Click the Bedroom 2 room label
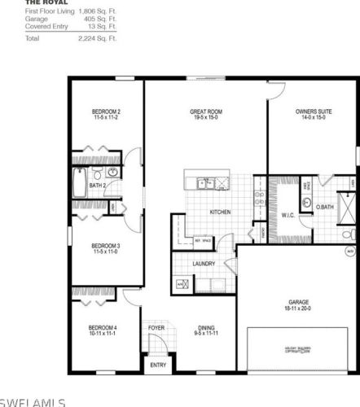(106, 112)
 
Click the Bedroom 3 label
(106, 246)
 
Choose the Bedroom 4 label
(104, 328)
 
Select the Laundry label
(204, 264)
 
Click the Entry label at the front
(157, 365)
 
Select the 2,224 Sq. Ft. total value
(97, 38)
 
